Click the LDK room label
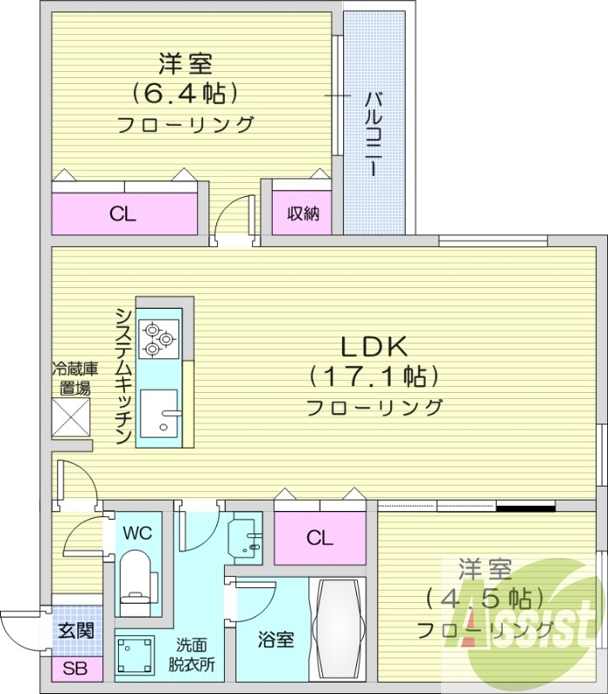click(373, 348)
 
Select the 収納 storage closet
click(302, 213)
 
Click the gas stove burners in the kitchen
click(160, 337)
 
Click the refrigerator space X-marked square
click(71, 418)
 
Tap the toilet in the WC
click(135, 579)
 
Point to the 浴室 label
click(276, 640)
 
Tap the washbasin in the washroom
click(247, 540)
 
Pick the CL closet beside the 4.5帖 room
click(319, 539)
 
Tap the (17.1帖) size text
click(373, 376)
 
